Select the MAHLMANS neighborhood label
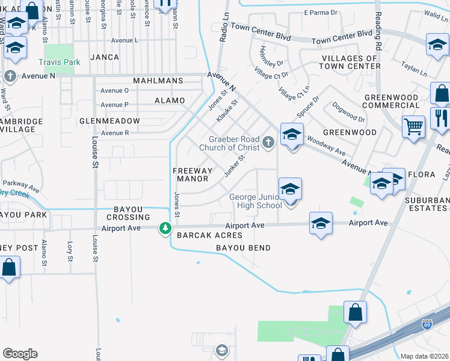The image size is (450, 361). coord(162,81)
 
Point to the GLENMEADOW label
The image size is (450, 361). coord(109,121)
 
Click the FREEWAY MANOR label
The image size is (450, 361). coord(193,174)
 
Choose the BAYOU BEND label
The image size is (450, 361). coord(244,247)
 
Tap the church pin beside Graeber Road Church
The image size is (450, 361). coord(269,143)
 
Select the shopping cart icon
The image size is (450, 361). coord(413,126)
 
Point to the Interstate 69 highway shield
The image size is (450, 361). coord(427,324)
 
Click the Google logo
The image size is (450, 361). coord(20,354)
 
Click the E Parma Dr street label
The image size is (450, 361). coord(322,12)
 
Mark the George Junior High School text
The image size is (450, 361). coord(256,201)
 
